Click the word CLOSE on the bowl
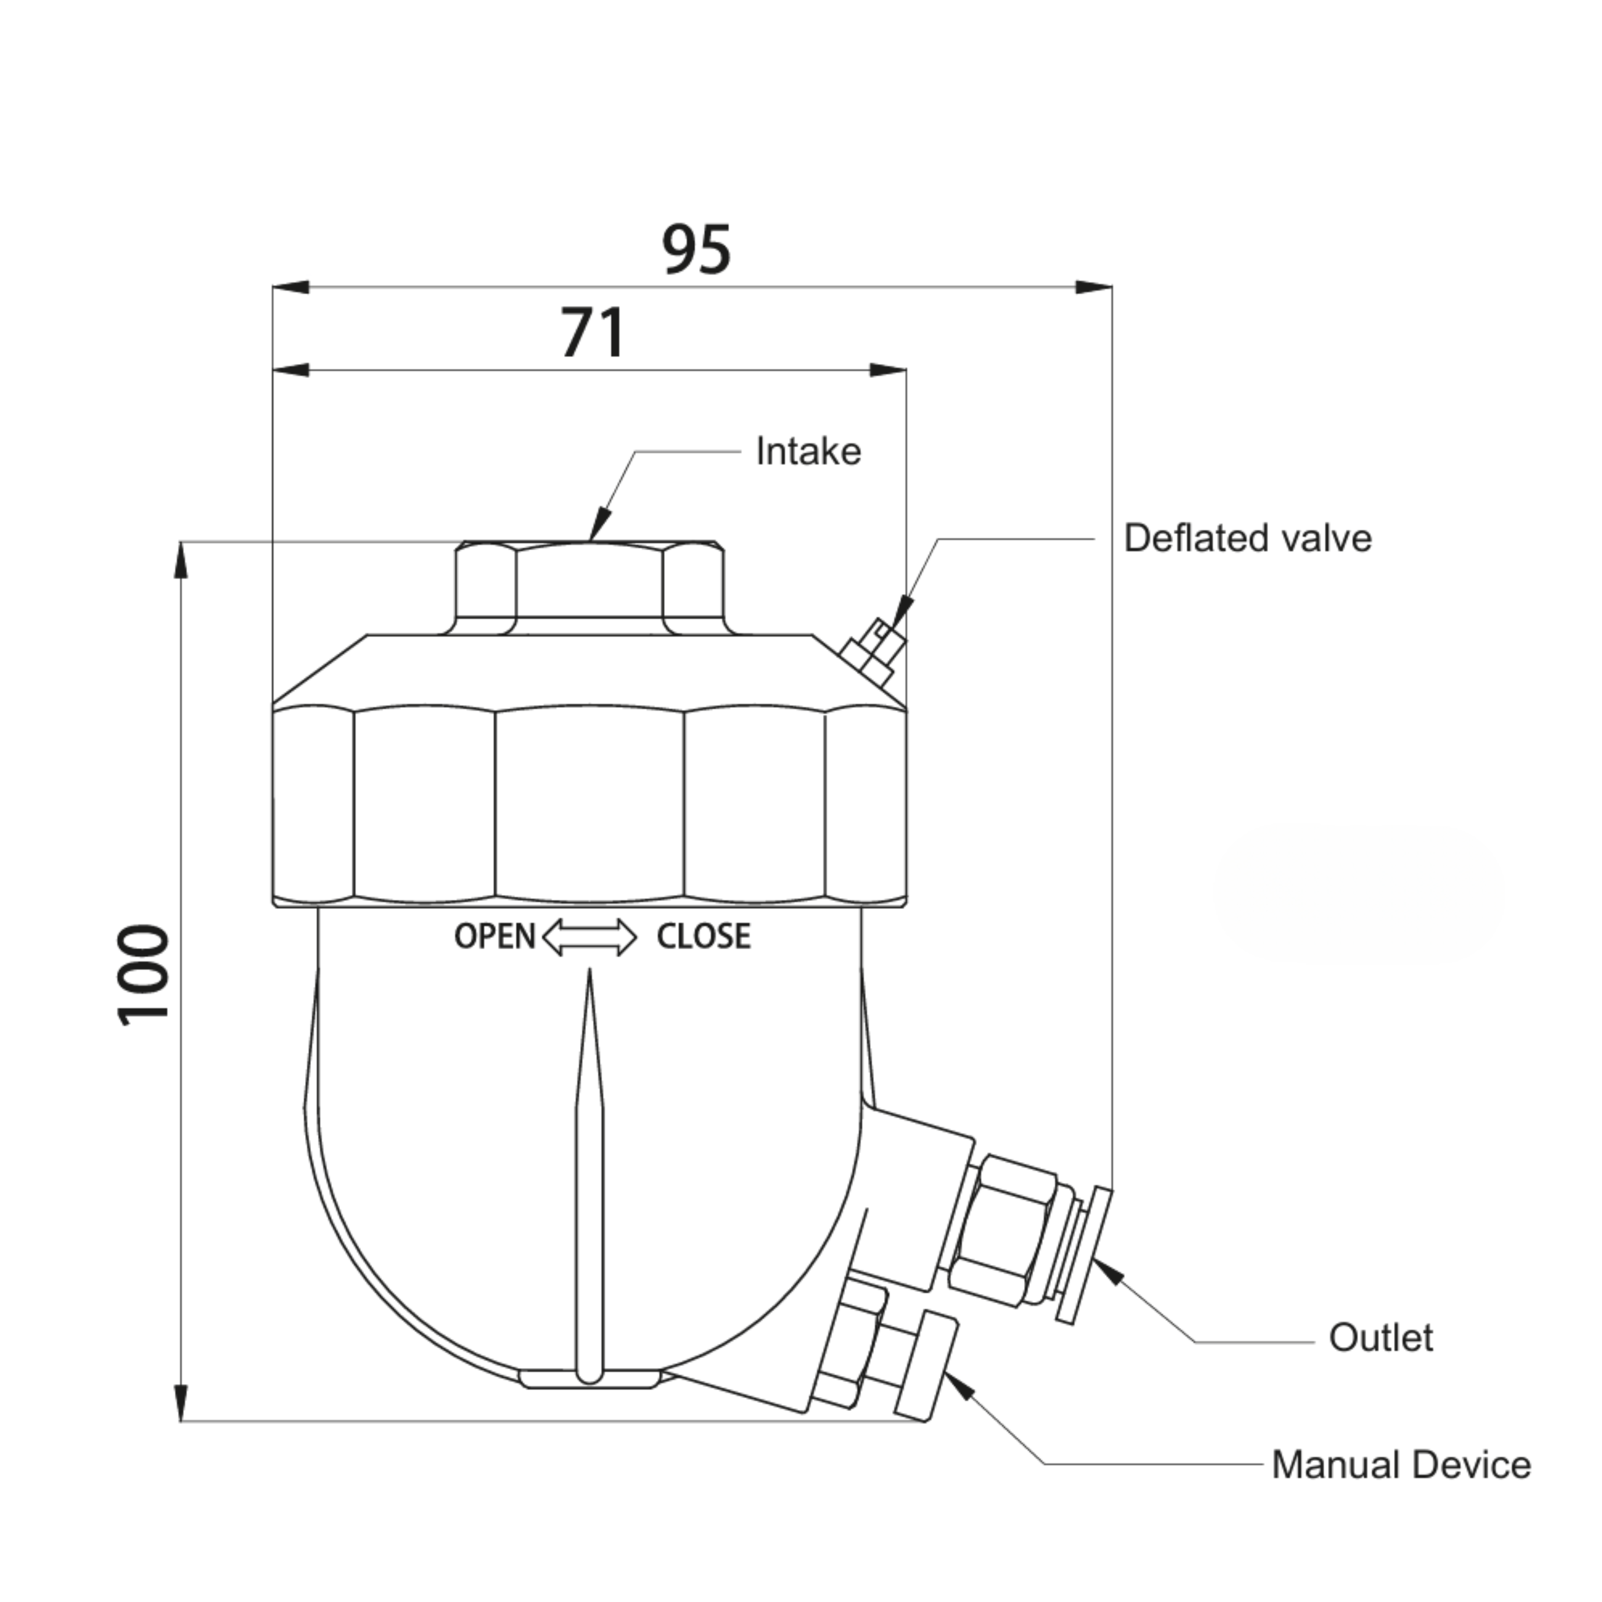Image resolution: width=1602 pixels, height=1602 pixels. pyautogui.click(x=703, y=937)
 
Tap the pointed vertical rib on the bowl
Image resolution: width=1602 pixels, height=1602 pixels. pyautogui.click(x=590, y=1177)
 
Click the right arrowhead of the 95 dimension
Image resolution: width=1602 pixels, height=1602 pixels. pyautogui.click(x=1094, y=288)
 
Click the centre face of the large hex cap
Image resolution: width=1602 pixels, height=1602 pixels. pyautogui.click(x=590, y=804)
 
